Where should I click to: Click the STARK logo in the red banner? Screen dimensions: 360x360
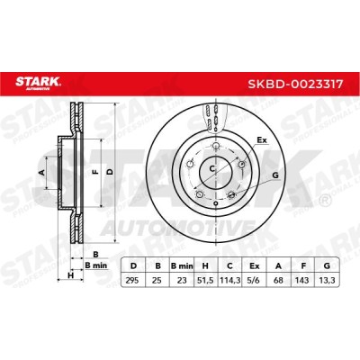[x=38, y=83]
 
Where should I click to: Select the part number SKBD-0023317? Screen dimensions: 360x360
[x=294, y=84]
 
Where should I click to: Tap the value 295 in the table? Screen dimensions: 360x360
[x=132, y=281]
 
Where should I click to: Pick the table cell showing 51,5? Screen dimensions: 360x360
[x=205, y=281]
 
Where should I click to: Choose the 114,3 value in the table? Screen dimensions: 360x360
[x=229, y=281]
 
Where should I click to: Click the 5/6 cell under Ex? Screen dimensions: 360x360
[x=254, y=281]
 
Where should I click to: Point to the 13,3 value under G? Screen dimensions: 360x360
[x=327, y=281]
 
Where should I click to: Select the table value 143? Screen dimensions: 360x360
[x=302, y=281]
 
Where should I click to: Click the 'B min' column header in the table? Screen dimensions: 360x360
[x=182, y=265]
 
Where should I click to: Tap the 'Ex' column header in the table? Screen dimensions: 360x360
[x=254, y=265]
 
